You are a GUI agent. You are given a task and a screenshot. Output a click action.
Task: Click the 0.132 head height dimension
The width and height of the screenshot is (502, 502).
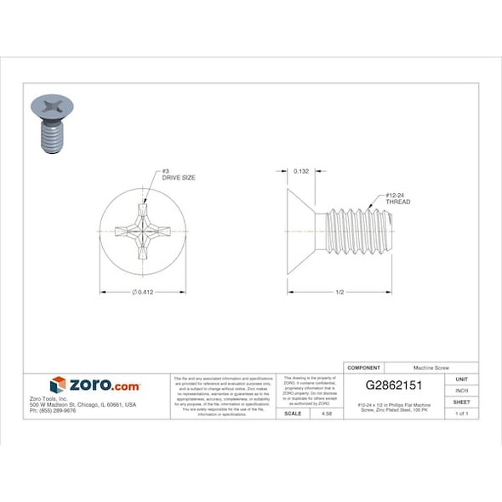(x=300, y=171)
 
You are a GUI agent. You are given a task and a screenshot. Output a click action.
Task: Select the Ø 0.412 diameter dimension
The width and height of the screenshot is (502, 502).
(x=142, y=292)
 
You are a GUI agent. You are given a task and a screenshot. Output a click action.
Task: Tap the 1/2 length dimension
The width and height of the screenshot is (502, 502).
(x=339, y=292)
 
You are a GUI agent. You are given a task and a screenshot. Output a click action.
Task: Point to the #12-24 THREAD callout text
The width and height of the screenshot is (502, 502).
(x=398, y=198)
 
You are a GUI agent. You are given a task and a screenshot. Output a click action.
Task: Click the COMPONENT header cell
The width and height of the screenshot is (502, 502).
(x=364, y=368)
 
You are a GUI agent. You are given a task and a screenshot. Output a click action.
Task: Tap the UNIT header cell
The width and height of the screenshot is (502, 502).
(x=461, y=379)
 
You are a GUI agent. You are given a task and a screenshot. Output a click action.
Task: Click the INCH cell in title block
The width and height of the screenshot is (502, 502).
(x=461, y=391)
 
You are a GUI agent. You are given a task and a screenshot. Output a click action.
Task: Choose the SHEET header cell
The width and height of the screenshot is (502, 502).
(x=461, y=402)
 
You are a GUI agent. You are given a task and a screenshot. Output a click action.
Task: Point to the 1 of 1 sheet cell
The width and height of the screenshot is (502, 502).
(x=461, y=413)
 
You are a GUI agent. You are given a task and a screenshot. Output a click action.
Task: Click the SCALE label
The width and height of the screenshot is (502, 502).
(x=293, y=413)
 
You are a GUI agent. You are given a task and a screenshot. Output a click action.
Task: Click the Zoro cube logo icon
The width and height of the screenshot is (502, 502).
(x=58, y=385)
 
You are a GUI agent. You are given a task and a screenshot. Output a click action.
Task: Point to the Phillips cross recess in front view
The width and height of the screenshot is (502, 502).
(x=142, y=230)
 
